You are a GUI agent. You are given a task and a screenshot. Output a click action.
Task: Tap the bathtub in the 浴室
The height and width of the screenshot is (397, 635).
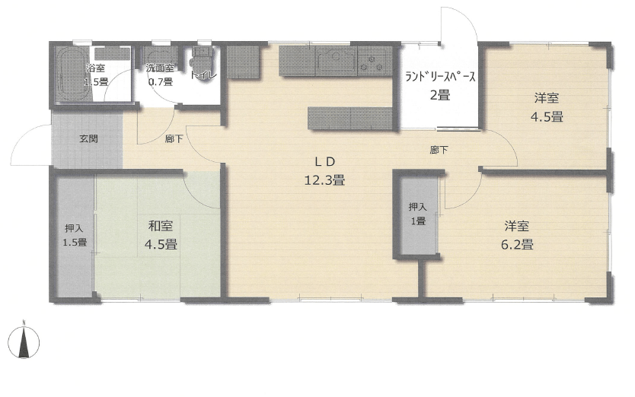72,75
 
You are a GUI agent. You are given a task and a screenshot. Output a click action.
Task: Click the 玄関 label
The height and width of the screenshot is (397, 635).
88,139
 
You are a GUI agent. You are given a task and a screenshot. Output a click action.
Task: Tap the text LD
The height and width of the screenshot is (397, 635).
325,161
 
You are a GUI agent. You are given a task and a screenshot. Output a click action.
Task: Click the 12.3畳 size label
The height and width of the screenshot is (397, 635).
325,179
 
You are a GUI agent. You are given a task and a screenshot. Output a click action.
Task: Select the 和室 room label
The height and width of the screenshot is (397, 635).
161,225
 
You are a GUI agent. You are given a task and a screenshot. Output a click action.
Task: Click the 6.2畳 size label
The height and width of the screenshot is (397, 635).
517,244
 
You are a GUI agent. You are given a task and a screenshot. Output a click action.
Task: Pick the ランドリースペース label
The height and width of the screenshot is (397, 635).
440,77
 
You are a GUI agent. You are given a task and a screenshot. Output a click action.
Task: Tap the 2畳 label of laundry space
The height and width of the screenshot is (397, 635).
440,96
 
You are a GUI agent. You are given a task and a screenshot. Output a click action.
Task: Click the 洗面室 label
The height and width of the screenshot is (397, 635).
160,68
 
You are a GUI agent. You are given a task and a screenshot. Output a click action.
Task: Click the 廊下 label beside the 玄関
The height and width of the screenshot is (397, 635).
174,139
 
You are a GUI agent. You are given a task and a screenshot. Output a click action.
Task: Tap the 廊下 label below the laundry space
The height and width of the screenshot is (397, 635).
439,150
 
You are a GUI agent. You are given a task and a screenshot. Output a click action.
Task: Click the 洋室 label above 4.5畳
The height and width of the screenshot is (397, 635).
547,98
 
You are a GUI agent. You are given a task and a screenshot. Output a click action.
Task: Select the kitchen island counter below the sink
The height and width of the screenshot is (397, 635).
350,118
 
